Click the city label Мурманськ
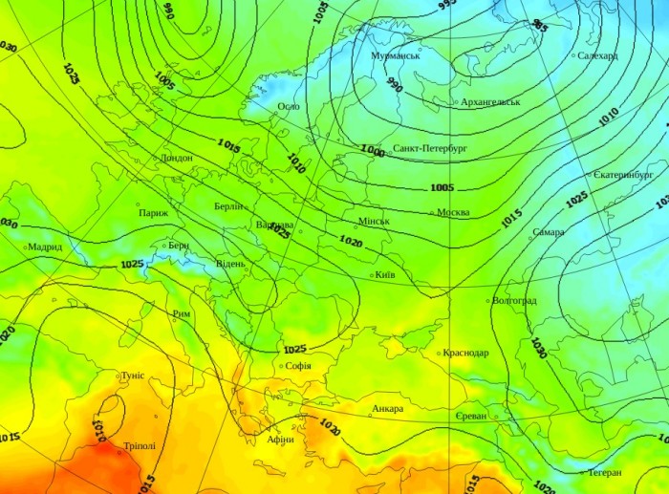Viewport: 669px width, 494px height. (396, 56)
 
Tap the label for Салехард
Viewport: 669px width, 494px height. (598, 55)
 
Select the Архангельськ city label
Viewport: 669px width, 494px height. (489, 101)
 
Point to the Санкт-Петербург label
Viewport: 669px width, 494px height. (429, 149)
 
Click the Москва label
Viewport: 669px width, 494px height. (453, 212)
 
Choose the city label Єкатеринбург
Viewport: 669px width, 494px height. (622, 176)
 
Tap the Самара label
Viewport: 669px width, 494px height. (549, 232)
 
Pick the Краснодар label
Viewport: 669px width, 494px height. (466, 353)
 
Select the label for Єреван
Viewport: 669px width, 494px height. (471, 417)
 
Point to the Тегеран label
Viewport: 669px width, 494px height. (604, 472)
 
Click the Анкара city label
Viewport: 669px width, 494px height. (387, 409)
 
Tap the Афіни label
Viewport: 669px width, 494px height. (281, 439)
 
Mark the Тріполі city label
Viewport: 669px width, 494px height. (139, 446)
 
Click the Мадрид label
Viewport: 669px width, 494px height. (45, 247)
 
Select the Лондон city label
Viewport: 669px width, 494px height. (177, 158)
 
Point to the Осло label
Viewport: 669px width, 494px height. (288, 106)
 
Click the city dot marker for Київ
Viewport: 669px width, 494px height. (372, 275)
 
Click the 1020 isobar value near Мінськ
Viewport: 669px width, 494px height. (351, 243)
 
